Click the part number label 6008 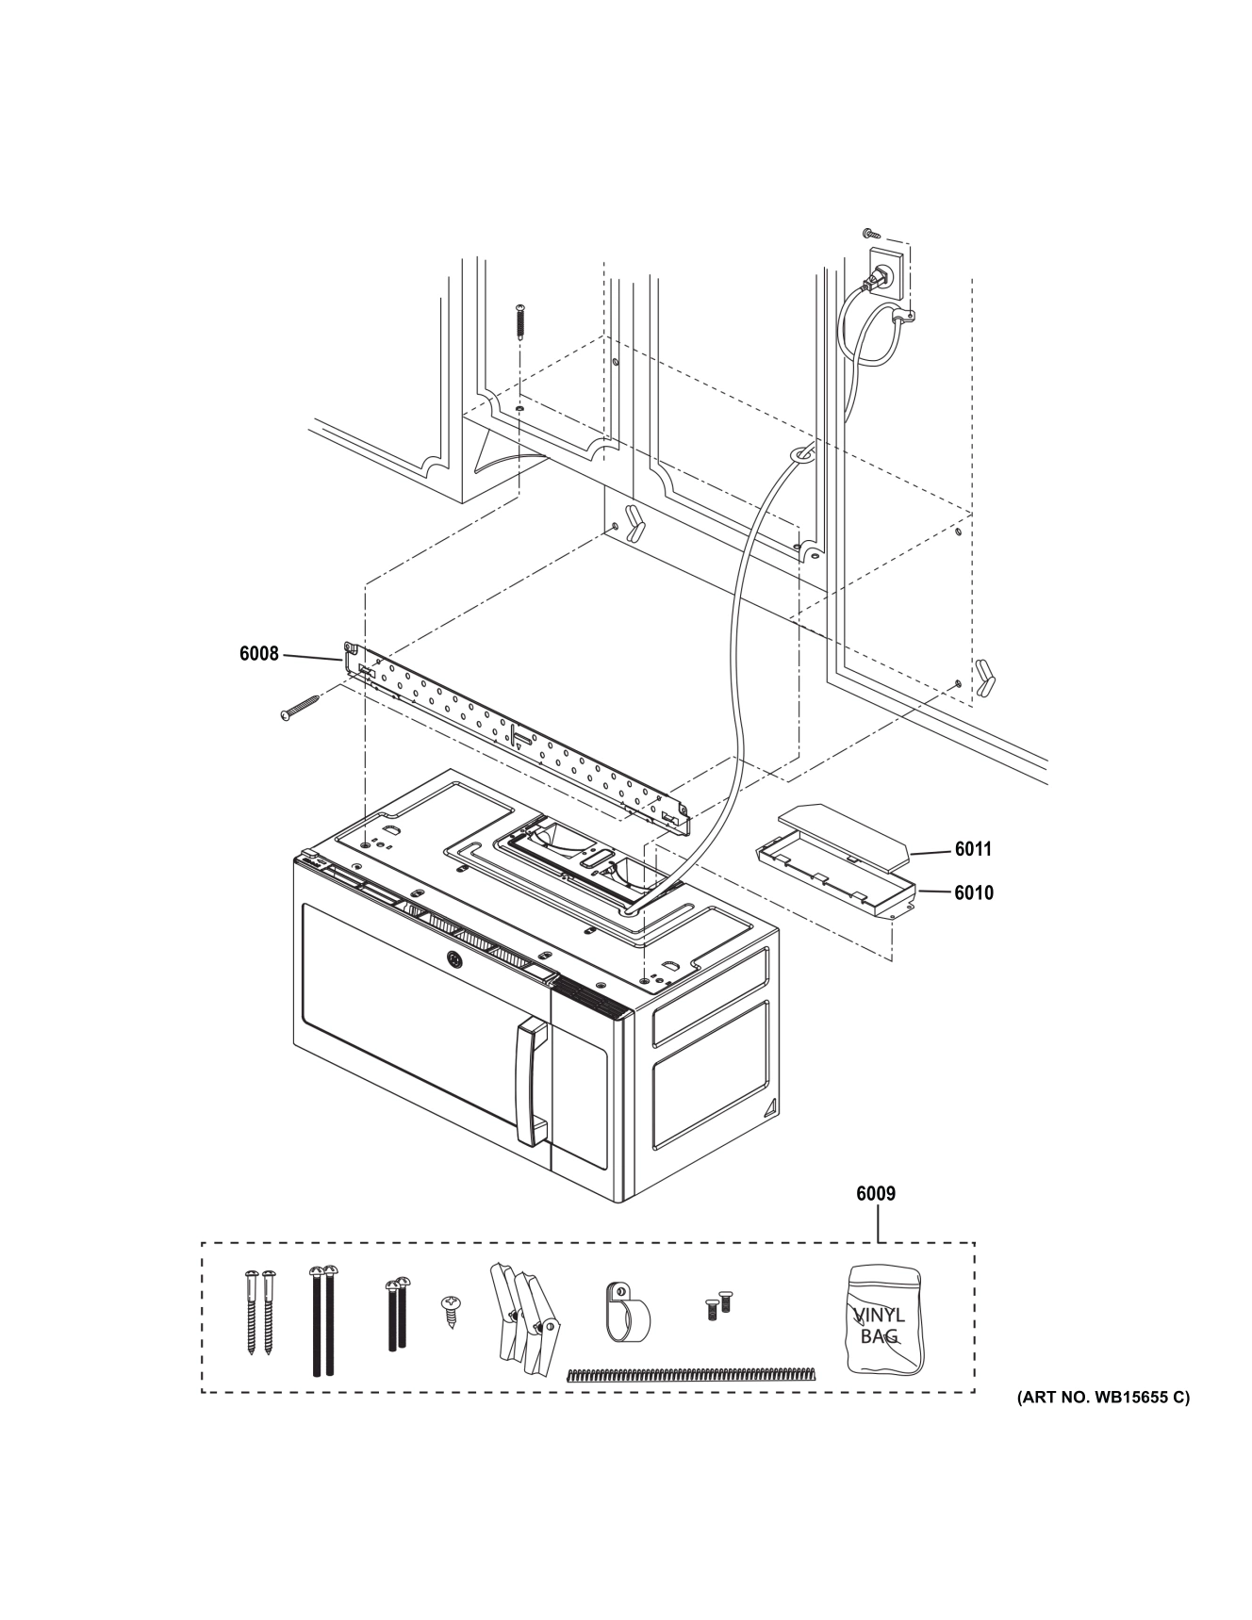[258, 653]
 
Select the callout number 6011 [973, 849]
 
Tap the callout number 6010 [973, 892]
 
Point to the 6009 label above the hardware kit [876, 1194]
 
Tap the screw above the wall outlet [869, 232]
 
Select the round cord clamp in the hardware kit [625, 1312]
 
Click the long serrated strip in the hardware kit [691, 1374]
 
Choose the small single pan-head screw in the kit [450, 1310]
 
